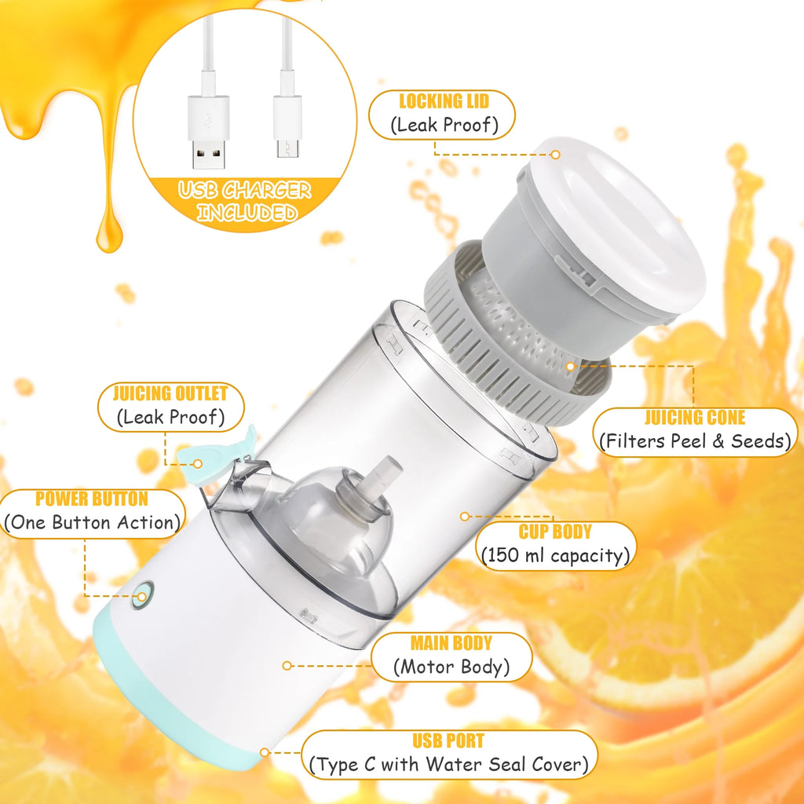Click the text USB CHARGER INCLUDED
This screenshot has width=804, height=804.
(x=244, y=201)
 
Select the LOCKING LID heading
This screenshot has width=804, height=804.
(x=444, y=101)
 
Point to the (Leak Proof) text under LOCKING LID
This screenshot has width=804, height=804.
(x=444, y=125)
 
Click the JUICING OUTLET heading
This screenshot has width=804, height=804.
(x=170, y=393)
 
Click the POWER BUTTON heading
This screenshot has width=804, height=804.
(x=91, y=499)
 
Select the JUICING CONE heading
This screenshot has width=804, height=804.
(x=695, y=418)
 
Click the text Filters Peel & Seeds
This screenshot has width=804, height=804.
(x=695, y=441)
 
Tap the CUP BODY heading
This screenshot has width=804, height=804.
(x=555, y=532)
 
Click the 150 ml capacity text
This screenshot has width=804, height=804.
(x=555, y=556)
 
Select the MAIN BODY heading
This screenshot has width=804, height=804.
(x=451, y=644)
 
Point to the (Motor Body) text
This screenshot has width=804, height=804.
(x=451, y=668)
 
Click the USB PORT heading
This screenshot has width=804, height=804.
(x=448, y=740)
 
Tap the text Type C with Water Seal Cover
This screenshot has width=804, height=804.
(x=448, y=764)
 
